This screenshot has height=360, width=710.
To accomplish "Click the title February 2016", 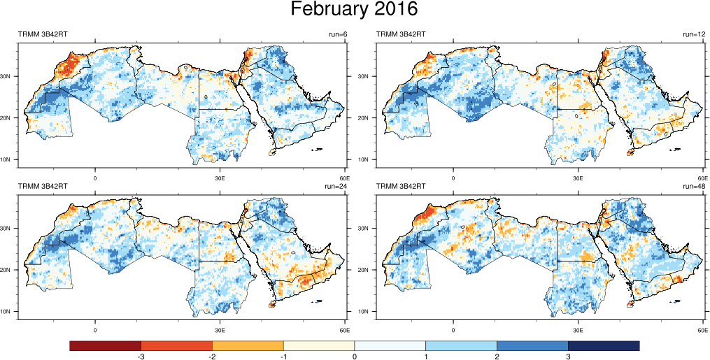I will point(354,10).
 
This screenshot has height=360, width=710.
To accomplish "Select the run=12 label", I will point(695,34).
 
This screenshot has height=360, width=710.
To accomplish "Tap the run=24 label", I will point(336,186).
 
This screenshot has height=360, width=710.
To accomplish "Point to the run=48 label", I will point(695,186).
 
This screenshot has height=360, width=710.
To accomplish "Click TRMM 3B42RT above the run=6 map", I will point(43,34).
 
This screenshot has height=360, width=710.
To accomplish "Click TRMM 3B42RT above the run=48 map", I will point(402,186).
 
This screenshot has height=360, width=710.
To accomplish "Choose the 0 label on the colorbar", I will point(355,357).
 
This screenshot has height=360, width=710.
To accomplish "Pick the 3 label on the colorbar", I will point(568,357).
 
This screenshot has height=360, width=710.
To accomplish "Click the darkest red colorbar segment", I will point(106,346).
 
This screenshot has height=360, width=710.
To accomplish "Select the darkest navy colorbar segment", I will point(604,346).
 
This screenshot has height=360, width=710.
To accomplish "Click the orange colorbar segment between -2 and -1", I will point(248,346).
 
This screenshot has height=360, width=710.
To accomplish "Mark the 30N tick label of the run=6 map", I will point(8,76).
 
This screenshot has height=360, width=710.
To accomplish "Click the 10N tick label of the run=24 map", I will point(8,311).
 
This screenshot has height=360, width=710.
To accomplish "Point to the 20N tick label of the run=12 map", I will point(367,117).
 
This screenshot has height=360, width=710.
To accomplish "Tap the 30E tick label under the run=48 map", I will point(578,330).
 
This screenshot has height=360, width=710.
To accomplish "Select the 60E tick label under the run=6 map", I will point(343,178).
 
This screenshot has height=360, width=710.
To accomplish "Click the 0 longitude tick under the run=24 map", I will point(94,330).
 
